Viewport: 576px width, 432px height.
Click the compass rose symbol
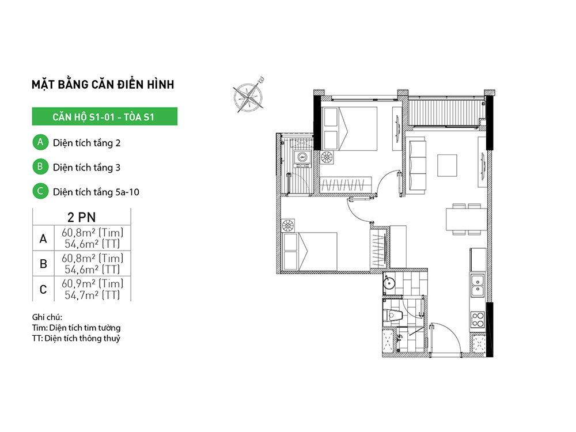[249, 96]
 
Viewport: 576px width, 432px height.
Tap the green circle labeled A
[40, 142]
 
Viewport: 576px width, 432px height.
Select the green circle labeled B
[40, 167]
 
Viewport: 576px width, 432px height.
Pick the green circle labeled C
[40, 191]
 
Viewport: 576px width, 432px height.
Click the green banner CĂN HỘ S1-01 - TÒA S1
[105, 116]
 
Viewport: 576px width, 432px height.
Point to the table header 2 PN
[82, 217]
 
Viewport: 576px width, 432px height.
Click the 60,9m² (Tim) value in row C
[92, 283]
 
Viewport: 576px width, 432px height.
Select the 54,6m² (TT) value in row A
[92, 244]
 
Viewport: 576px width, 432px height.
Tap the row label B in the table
[43, 264]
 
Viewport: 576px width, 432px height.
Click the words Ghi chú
[47, 317]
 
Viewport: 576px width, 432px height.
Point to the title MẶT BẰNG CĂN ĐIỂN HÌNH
[103, 84]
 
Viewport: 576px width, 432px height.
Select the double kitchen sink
[478, 285]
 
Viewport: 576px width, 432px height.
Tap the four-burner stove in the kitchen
[478, 319]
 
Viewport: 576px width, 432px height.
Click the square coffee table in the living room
[447, 166]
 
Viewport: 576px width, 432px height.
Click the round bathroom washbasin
[389, 283]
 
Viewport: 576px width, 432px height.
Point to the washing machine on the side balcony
[302, 157]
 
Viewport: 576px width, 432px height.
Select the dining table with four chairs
[467, 219]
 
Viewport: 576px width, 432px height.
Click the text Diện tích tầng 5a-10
[96, 192]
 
